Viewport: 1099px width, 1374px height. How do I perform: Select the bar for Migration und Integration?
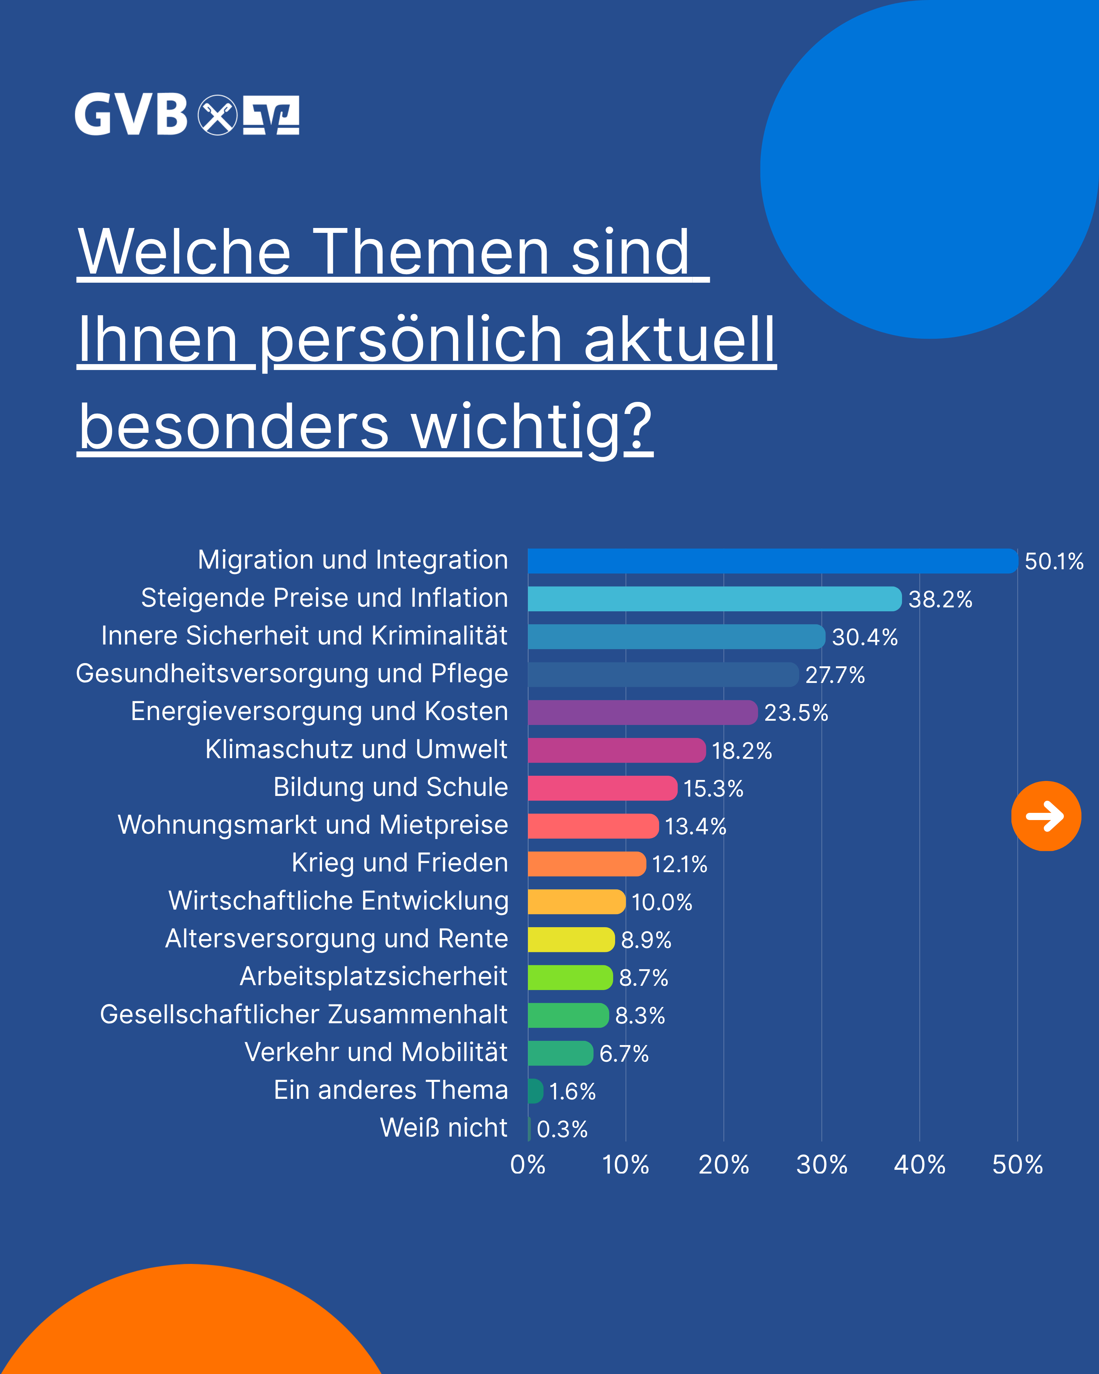coord(772,561)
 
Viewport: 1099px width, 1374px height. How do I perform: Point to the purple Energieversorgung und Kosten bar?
coord(642,713)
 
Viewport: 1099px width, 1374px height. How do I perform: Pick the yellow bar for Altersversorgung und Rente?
coord(571,939)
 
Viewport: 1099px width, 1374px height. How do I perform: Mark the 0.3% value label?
coord(562,1129)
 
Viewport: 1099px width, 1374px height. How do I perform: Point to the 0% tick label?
coord(528,1165)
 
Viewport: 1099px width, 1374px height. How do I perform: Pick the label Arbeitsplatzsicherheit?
coord(373,976)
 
